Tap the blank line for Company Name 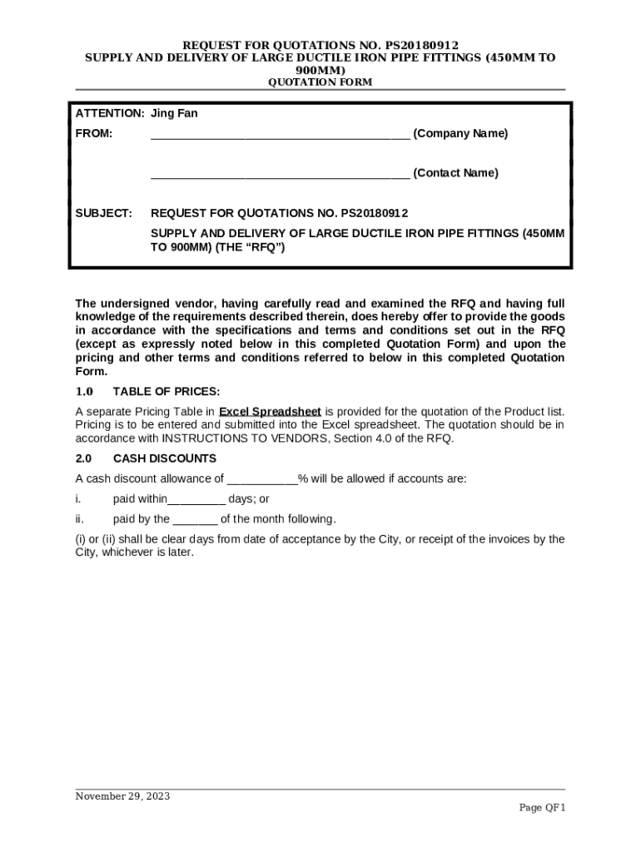point(280,135)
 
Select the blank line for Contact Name point(280,174)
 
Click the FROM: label point(94,134)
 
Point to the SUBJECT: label point(104,214)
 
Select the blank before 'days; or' point(196,500)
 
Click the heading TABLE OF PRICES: point(166,392)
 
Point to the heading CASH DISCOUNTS point(165,458)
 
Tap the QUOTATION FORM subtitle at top point(319,82)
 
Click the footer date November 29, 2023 point(122,796)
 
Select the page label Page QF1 point(542,808)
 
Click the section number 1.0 point(84,392)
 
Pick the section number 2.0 point(84,458)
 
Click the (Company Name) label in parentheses point(460,134)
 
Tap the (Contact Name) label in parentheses point(455,173)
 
